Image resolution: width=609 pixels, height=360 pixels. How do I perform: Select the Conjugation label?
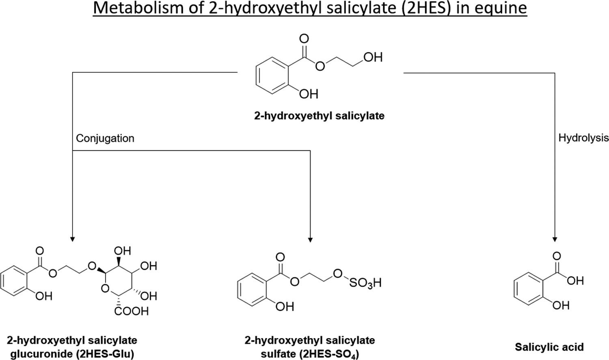pyautogui.click(x=105, y=138)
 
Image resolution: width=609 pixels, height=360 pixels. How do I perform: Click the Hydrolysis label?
pyautogui.click(x=583, y=138)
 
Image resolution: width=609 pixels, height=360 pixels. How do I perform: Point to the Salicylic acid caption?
pyautogui.click(x=549, y=347)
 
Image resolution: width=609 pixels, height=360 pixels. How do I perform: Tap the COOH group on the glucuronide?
pyautogui.click(x=131, y=311)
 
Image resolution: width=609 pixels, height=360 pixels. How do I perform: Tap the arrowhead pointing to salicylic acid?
pyautogui.click(x=555, y=239)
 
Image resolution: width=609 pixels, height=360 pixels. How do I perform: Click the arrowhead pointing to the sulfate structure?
pyautogui.click(x=310, y=239)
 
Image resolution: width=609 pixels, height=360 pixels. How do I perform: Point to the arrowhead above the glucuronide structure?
pyautogui.click(x=72, y=239)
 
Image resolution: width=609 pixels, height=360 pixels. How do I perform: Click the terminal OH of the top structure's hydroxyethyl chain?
pyautogui.click(x=373, y=57)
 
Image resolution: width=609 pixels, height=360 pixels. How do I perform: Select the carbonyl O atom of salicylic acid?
pyautogui.click(x=557, y=256)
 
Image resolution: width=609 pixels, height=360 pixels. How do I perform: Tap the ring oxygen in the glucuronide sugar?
pyautogui.click(x=105, y=289)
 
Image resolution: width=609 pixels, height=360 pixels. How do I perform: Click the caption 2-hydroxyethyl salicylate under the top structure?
pyautogui.click(x=319, y=116)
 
